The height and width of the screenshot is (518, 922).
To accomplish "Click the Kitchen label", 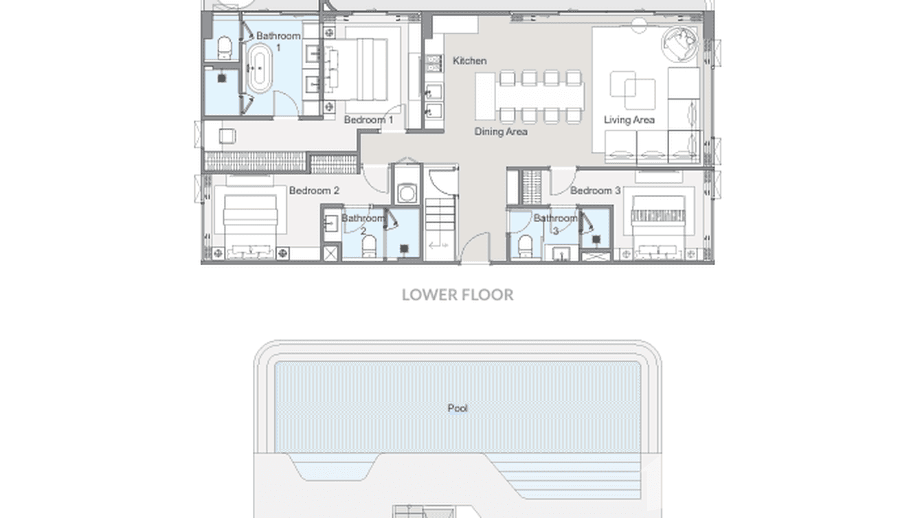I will click(470, 61).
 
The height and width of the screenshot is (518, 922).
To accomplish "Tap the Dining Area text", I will click(501, 131).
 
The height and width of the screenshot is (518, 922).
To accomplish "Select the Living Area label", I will click(629, 120).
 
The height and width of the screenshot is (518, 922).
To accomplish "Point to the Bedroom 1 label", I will click(368, 120).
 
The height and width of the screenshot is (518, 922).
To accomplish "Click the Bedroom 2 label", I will click(314, 190).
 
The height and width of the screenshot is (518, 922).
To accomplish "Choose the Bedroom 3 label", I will click(595, 190).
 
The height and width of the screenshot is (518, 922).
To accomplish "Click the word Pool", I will click(458, 408).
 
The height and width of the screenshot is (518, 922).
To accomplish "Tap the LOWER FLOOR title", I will click(458, 295).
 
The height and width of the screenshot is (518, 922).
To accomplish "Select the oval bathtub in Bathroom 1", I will click(259, 69).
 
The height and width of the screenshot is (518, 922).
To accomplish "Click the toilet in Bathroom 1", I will click(224, 48).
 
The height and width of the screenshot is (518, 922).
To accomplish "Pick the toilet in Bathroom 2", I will click(369, 245).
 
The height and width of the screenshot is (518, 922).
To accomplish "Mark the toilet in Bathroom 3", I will click(526, 245).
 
